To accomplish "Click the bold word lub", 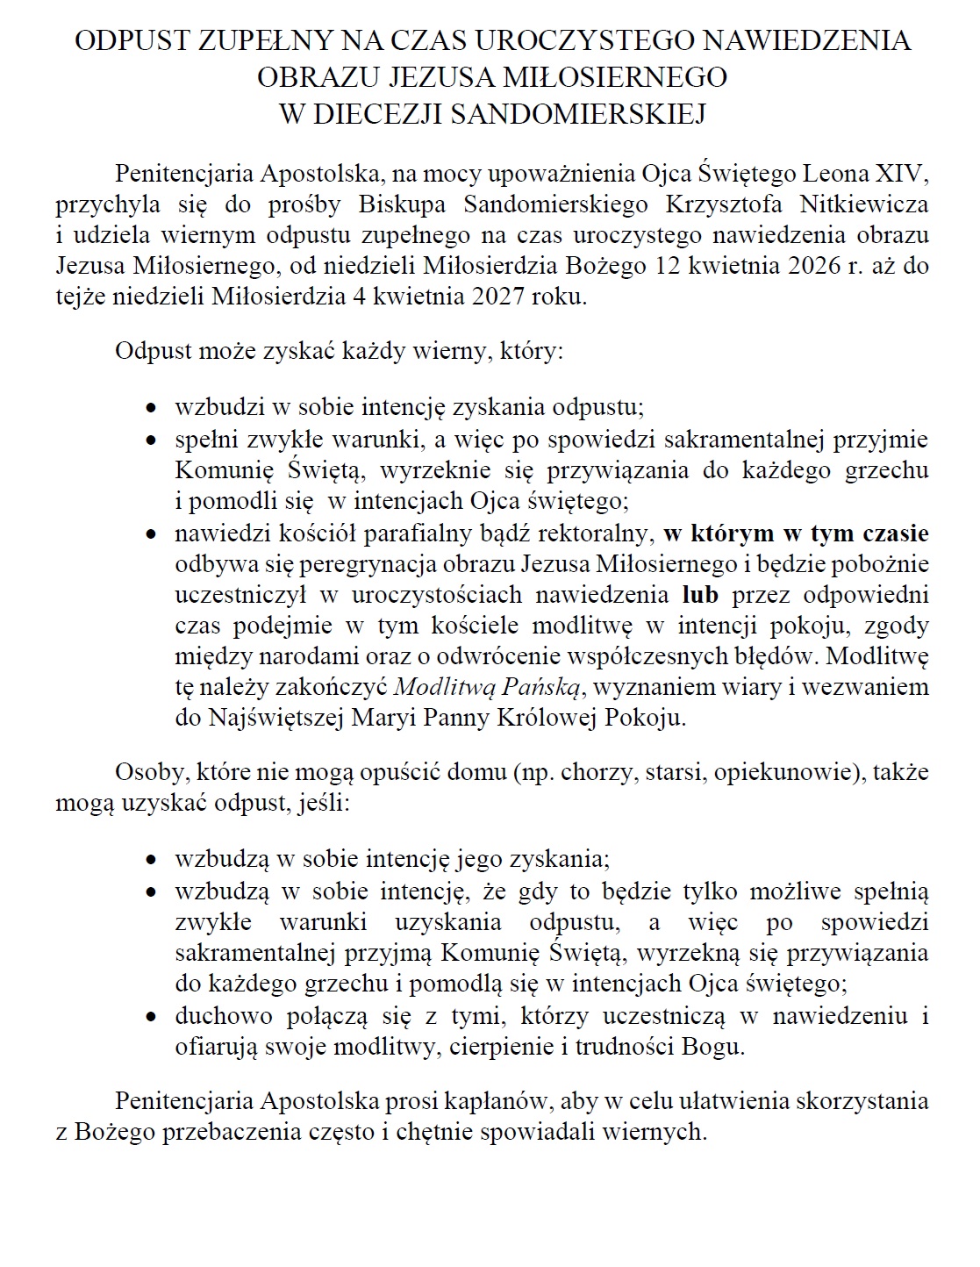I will pyautogui.click(x=700, y=595).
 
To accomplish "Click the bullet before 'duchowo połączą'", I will pyautogui.click(x=152, y=1018).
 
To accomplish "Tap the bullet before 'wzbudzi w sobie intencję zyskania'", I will pyautogui.click(x=152, y=409).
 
